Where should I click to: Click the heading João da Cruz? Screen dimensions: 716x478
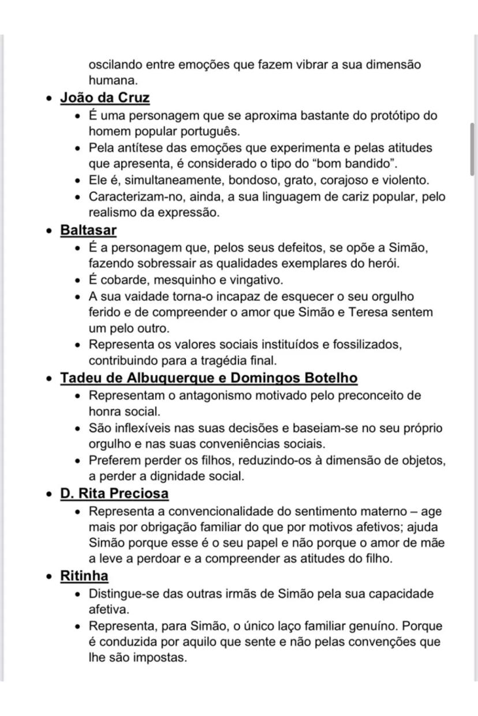(x=105, y=98)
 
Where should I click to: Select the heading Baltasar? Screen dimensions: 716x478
(x=88, y=231)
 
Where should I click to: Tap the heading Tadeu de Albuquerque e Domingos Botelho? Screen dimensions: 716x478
(x=209, y=378)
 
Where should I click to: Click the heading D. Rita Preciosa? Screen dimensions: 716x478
(x=114, y=494)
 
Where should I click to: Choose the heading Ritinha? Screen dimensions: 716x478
(x=84, y=576)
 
